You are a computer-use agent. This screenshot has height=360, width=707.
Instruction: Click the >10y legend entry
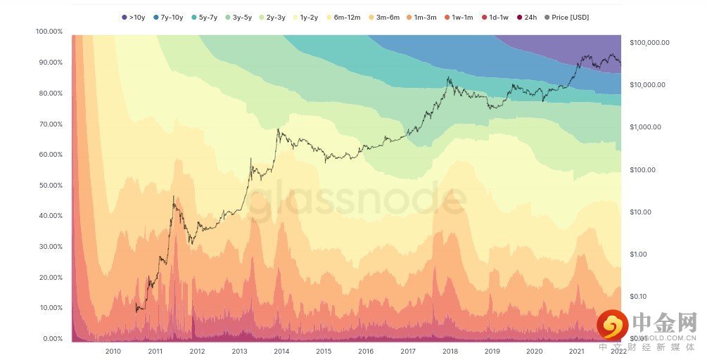(x=132, y=16)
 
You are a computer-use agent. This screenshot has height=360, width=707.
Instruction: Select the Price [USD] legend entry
(x=570, y=16)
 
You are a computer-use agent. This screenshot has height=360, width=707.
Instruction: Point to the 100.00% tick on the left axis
(x=49, y=32)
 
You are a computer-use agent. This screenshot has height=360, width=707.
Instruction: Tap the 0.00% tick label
(x=52, y=339)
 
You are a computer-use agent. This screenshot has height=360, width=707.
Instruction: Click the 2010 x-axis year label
(x=113, y=351)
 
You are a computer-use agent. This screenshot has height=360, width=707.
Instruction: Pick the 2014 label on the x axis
(x=281, y=351)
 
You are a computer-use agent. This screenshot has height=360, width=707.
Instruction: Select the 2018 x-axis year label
(x=450, y=351)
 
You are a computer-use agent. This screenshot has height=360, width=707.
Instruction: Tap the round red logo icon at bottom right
(x=612, y=326)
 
